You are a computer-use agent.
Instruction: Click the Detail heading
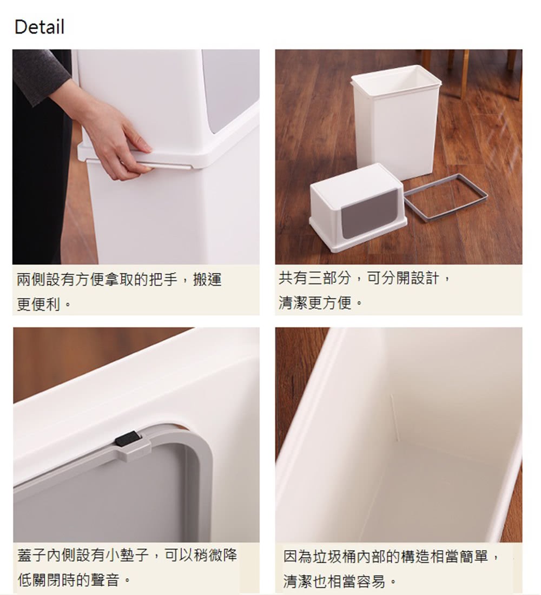[x=39, y=27]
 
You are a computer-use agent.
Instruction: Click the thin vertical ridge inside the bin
[x=394, y=416]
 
